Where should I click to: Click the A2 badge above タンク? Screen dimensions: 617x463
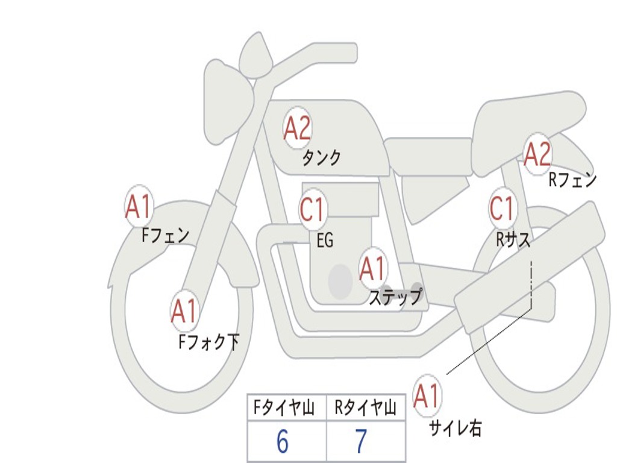coord(297,128)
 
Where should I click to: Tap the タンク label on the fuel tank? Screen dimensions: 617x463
coord(321,158)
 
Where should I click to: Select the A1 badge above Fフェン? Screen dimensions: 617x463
coord(139,207)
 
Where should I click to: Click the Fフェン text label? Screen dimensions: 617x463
coord(166,235)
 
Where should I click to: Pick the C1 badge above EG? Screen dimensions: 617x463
coord(312,210)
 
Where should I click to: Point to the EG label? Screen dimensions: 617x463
coord(325,241)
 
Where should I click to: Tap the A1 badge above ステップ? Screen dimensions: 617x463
coord(372,269)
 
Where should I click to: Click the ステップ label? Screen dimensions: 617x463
coord(395,297)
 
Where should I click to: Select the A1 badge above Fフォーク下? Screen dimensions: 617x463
coord(184,311)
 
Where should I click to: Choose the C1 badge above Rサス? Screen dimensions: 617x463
coord(501,209)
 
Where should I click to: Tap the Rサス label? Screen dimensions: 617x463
coord(513,240)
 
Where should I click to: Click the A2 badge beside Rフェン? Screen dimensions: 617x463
coord(537,154)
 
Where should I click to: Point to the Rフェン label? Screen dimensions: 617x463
coord(572,180)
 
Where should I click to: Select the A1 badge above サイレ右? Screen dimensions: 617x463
coord(427,396)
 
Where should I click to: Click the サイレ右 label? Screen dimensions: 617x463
coord(455,428)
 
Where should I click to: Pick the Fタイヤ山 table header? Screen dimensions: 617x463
coord(286,409)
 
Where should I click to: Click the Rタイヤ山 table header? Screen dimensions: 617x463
coord(366,409)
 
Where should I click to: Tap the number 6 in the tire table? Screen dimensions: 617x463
coord(283,443)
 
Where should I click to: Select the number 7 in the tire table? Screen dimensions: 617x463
coord(361,443)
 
